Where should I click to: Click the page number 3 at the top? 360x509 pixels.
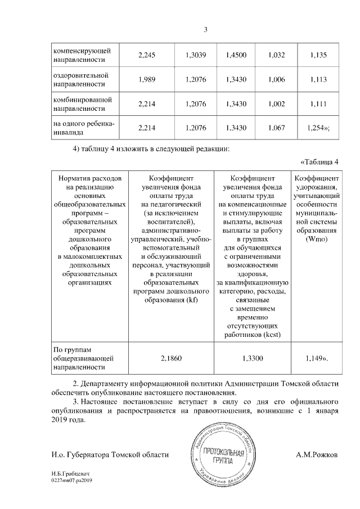pyautogui.click(x=206, y=30)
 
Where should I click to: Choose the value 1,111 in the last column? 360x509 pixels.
pyautogui.click(x=318, y=105)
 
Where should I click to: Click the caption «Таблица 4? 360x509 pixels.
pyautogui.click(x=320, y=163)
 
